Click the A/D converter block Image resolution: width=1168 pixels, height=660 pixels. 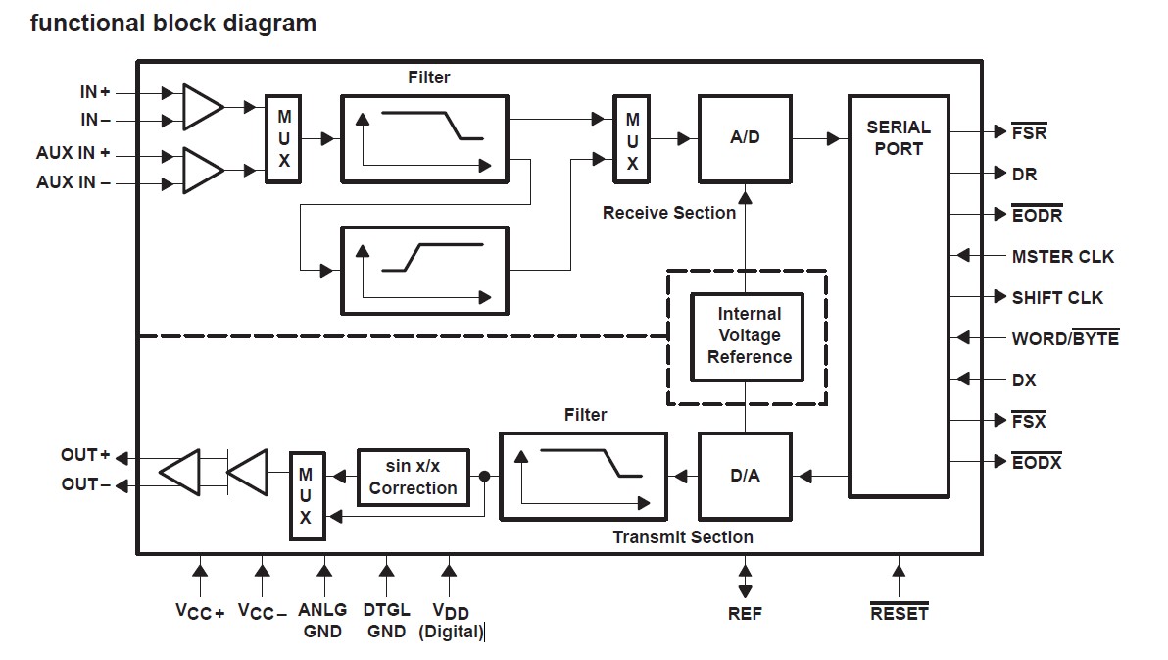(x=745, y=138)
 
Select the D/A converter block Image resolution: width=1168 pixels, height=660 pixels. (x=745, y=477)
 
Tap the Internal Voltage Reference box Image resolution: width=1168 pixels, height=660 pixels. (x=749, y=336)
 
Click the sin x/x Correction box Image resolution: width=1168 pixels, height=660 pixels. (x=414, y=477)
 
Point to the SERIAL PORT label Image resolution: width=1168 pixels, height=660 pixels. (x=899, y=138)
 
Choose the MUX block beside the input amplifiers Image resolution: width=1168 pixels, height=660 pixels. (x=284, y=138)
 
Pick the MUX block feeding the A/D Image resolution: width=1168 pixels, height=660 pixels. (x=632, y=138)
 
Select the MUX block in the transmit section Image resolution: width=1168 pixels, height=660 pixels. (x=307, y=496)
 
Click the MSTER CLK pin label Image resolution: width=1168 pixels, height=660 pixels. (x=1062, y=257)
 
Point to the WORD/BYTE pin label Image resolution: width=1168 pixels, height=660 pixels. (x=1065, y=339)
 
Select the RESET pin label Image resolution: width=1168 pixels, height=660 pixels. (x=899, y=614)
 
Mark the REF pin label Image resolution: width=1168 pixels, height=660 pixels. (x=745, y=614)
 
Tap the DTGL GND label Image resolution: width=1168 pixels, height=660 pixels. (x=386, y=621)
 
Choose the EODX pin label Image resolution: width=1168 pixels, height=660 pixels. (x=1037, y=462)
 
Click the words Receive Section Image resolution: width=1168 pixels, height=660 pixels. (x=669, y=213)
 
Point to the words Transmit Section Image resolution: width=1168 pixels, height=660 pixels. (x=683, y=537)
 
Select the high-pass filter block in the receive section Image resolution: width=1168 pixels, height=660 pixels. (x=424, y=271)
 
